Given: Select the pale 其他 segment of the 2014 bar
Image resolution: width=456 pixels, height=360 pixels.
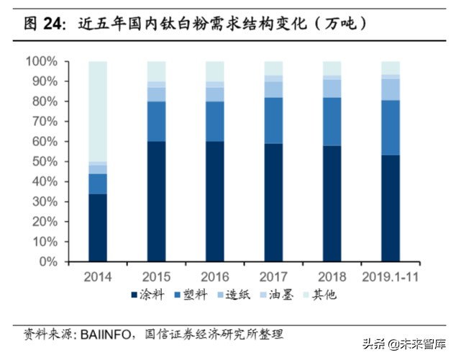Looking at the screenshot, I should pyautogui.click(x=98, y=112).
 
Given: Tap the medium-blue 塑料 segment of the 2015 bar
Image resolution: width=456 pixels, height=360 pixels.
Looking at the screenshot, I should pyautogui.click(x=156, y=121).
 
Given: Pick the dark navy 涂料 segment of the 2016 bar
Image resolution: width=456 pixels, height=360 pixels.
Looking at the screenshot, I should pyautogui.click(x=214, y=202).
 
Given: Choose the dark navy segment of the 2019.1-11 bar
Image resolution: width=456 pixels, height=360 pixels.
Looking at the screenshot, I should pyautogui.click(x=390, y=209).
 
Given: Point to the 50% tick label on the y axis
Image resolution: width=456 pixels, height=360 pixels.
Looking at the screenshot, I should pyautogui.click(x=44, y=162).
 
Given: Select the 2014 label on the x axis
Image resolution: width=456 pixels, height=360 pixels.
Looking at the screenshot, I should pyautogui.click(x=98, y=276).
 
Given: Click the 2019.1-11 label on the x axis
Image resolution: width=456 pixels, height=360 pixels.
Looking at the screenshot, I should pyautogui.click(x=390, y=276).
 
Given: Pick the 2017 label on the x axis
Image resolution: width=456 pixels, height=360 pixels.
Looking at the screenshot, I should pyautogui.click(x=273, y=276).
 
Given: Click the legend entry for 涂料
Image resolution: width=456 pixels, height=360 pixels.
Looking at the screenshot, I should pyautogui.click(x=147, y=294).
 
